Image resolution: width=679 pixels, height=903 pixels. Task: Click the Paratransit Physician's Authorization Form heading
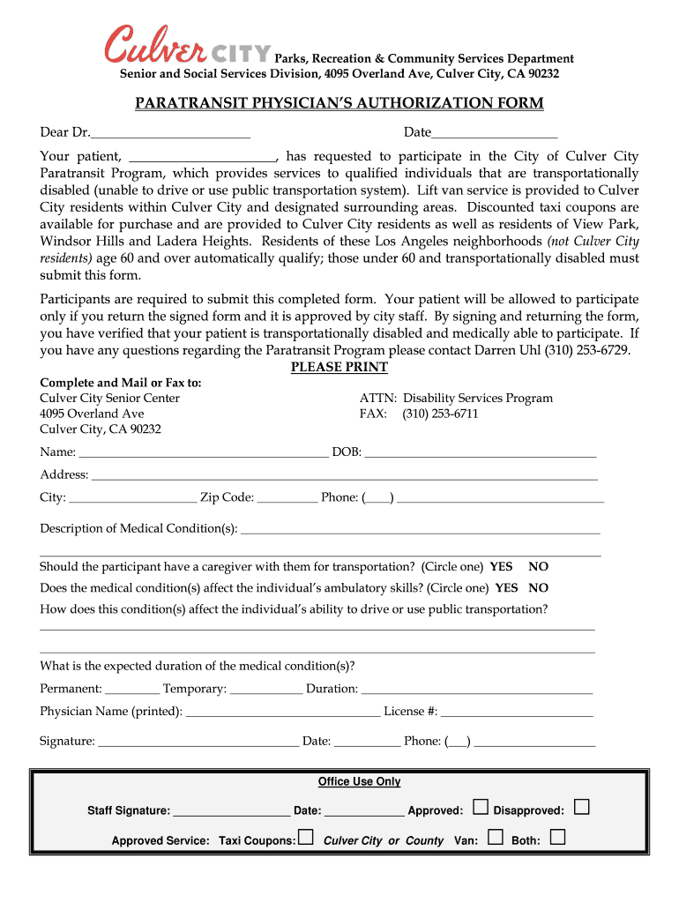click(339, 104)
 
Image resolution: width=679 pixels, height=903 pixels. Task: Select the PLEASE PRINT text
click(339, 367)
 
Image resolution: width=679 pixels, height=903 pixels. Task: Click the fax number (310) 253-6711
click(440, 414)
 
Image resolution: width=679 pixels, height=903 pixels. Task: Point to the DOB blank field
click(480, 453)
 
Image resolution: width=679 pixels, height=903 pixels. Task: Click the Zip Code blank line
click(287, 498)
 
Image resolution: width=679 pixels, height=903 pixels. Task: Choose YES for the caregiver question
click(501, 567)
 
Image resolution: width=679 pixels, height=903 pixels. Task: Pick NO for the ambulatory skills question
click(538, 588)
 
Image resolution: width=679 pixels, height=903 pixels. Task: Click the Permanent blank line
click(132, 690)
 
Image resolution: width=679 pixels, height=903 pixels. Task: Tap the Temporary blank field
click(265, 690)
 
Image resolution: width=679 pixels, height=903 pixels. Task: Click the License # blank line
click(517, 713)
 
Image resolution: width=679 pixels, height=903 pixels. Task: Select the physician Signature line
click(198, 743)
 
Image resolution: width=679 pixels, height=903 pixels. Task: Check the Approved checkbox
click(481, 807)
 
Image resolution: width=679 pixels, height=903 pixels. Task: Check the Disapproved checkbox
click(581, 807)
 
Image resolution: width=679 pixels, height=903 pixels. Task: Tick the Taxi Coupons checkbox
click(305, 838)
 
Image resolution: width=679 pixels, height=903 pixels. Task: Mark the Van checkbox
click(495, 838)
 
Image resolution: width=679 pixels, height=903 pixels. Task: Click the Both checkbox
click(556, 838)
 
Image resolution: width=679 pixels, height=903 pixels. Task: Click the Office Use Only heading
click(359, 782)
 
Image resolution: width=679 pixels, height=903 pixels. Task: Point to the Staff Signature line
click(231, 811)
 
